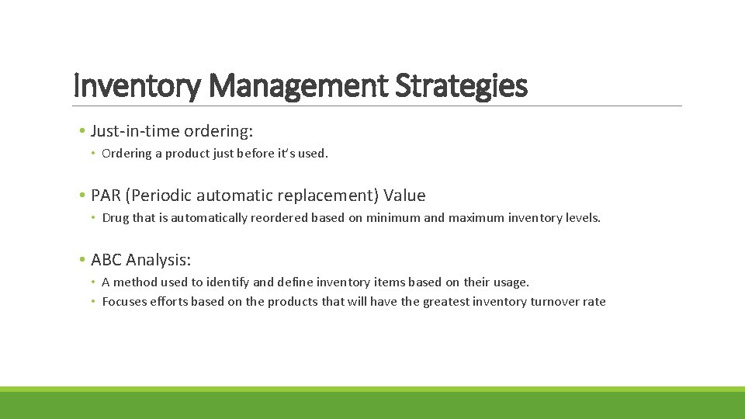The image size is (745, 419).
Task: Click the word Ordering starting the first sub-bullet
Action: [126, 154]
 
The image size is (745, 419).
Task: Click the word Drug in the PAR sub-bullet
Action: [116, 218]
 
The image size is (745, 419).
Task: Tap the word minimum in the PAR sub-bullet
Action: [393, 218]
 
